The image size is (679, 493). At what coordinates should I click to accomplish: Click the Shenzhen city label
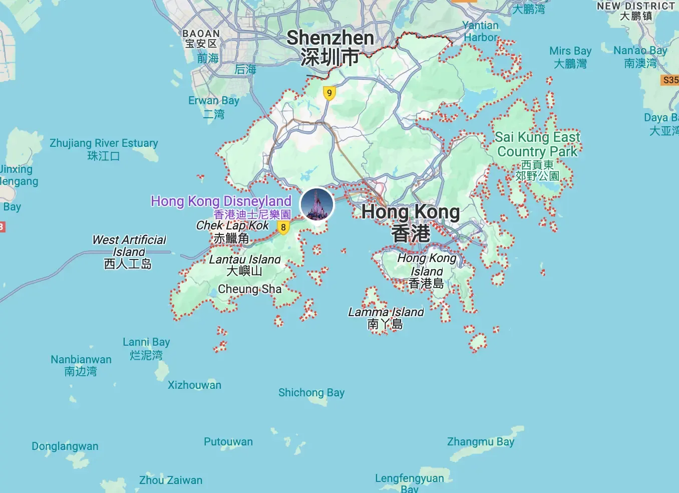(x=330, y=47)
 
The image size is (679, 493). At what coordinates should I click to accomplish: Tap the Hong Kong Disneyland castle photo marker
(x=317, y=204)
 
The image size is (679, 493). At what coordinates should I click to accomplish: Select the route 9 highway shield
(x=329, y=93)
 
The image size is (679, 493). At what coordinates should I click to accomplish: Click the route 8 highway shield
(x=283, y=227)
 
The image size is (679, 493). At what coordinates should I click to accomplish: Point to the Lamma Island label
(x=386, y=318)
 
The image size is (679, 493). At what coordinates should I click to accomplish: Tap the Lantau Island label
(x=244, y=265)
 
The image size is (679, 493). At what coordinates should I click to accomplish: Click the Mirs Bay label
(x=570, y=57)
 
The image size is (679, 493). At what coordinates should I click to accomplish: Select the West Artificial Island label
(x=129, y=252)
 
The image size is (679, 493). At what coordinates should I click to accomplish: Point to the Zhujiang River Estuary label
(x=104, y=149)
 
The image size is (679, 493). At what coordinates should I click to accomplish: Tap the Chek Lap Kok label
(x=232, y=231)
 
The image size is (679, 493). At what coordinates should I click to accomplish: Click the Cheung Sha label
(x=250, y=289)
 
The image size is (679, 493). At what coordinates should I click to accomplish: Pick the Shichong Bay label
(x=311, y=392)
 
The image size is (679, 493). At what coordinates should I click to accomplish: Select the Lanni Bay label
(x=146, y=348)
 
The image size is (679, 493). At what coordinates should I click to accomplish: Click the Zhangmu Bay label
(x=480, y=441)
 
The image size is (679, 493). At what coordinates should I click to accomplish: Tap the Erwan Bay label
(x=214, y=107)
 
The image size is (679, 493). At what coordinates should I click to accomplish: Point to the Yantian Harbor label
(x=480, y=31)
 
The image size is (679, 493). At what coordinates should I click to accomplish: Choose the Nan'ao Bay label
(x=640, y=57)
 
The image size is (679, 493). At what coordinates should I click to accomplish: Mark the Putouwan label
(x=228, y=441)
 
